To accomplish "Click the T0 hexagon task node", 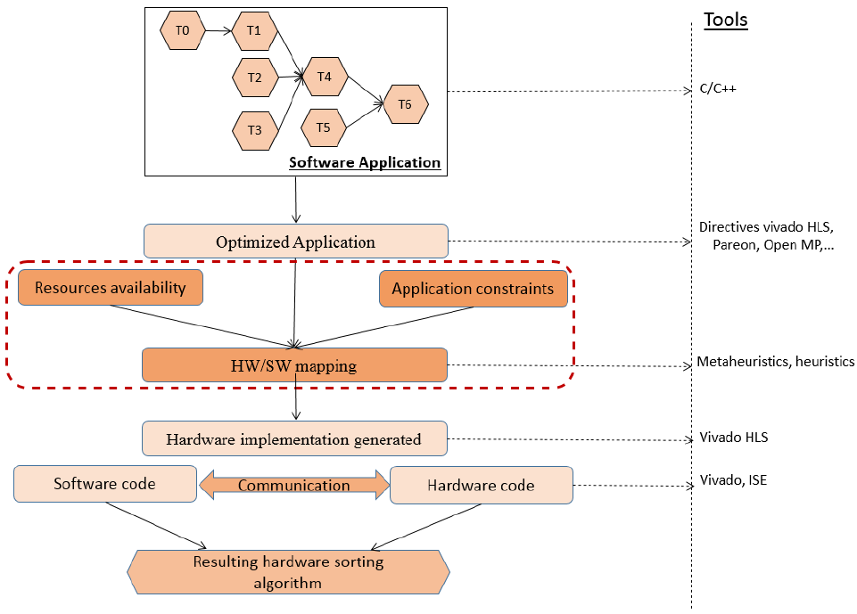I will [x=183, y=31].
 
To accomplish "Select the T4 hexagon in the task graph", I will [x=325, y=78].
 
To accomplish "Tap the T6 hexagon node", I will [x=405, y=105].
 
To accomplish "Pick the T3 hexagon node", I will [x=254, y=130].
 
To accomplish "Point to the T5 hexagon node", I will [x=323, y=127].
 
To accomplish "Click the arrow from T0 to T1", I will [x=218, y=31].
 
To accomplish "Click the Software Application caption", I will [x=364, y=162].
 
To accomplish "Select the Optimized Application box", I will [x=295, y=242].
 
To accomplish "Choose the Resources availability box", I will [x=111, y=288].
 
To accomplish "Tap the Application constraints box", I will [x=473, y=289].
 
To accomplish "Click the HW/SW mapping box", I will [x=294, y=364].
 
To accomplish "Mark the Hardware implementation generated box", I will [x=293, y=438].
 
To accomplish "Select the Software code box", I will [x=105, y=484].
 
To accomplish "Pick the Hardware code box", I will [x=482, y=485].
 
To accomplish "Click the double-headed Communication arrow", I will [x=293, y=485].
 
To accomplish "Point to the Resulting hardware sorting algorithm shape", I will [x=289, y=571].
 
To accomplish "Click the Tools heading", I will [x=725, y=20].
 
